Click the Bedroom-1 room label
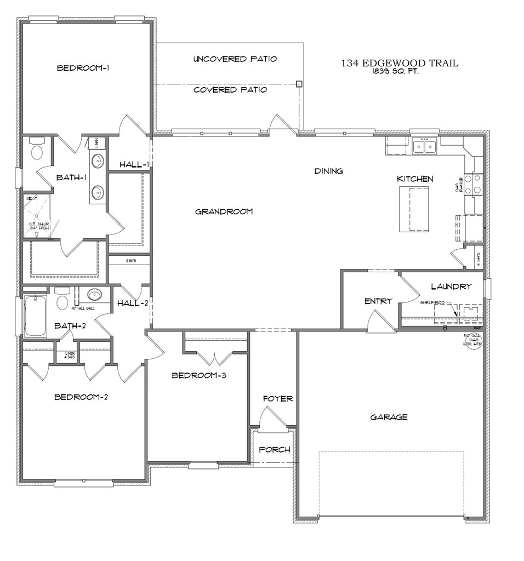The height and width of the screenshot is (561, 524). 83,68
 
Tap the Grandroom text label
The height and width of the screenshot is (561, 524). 224,211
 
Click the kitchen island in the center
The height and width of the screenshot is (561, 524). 414,209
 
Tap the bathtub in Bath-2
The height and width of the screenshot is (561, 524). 36,316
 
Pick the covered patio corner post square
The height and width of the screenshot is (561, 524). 299,84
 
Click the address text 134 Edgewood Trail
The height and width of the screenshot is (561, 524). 400,64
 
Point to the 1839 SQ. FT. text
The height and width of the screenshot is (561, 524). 395,71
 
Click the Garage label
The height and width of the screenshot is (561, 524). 389,417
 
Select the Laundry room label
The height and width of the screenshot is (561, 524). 451,286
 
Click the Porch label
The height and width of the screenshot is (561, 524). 274,450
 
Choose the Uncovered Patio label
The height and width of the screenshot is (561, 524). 235,59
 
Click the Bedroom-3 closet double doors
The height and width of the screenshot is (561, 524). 215,358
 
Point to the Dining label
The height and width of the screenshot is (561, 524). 328,171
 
